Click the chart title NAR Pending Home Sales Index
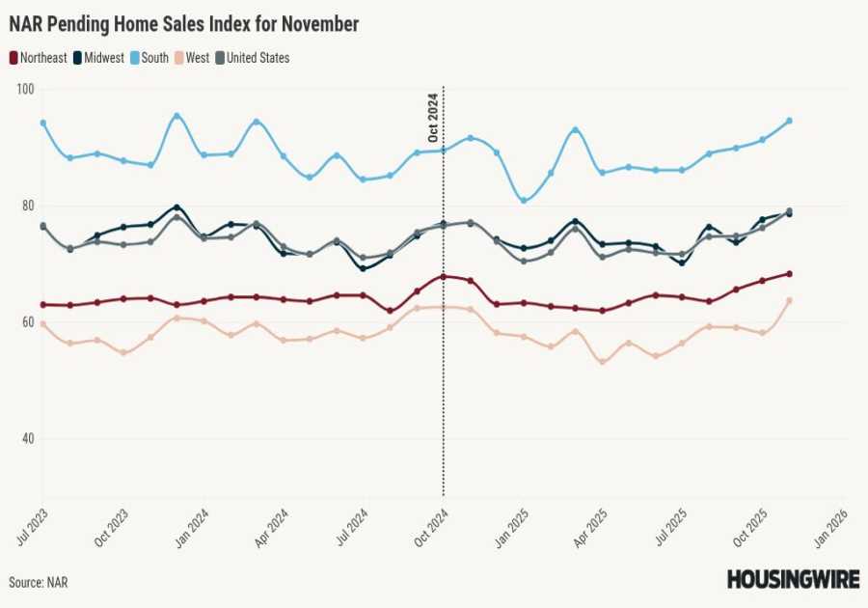click(x=183, y=24)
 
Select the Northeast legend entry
click(x=39, y=58)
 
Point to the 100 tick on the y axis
click(x=24, y=89)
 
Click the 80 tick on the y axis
click(x=24, y=206)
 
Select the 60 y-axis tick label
click(x=24, y=322)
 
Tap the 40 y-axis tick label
click(x=24, y=439)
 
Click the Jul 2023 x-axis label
click(x=32, y=525)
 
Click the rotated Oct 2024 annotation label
click(x=433, y=117)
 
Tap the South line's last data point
click(x=789, y=121)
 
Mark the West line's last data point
click(x=789, y=300)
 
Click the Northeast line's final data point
click(x=789, y=273)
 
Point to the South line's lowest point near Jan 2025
click(x=524, y=201)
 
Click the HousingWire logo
click(x=792, y=579)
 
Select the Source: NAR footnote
click(x=39, y=583)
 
